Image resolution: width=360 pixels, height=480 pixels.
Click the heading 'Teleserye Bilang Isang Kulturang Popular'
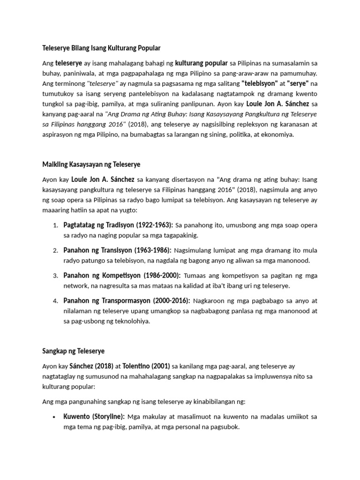[101, 48]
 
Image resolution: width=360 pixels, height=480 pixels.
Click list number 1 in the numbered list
[55, 225]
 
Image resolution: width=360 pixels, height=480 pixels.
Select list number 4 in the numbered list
[55, 300]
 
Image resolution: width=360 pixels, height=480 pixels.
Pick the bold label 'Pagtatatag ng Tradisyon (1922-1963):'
[118, 225]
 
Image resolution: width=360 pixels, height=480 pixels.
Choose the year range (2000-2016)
[166, 300]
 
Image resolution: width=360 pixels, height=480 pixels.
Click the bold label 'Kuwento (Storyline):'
[94, 416]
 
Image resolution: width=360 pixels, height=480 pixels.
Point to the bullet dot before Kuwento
[55, 417]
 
